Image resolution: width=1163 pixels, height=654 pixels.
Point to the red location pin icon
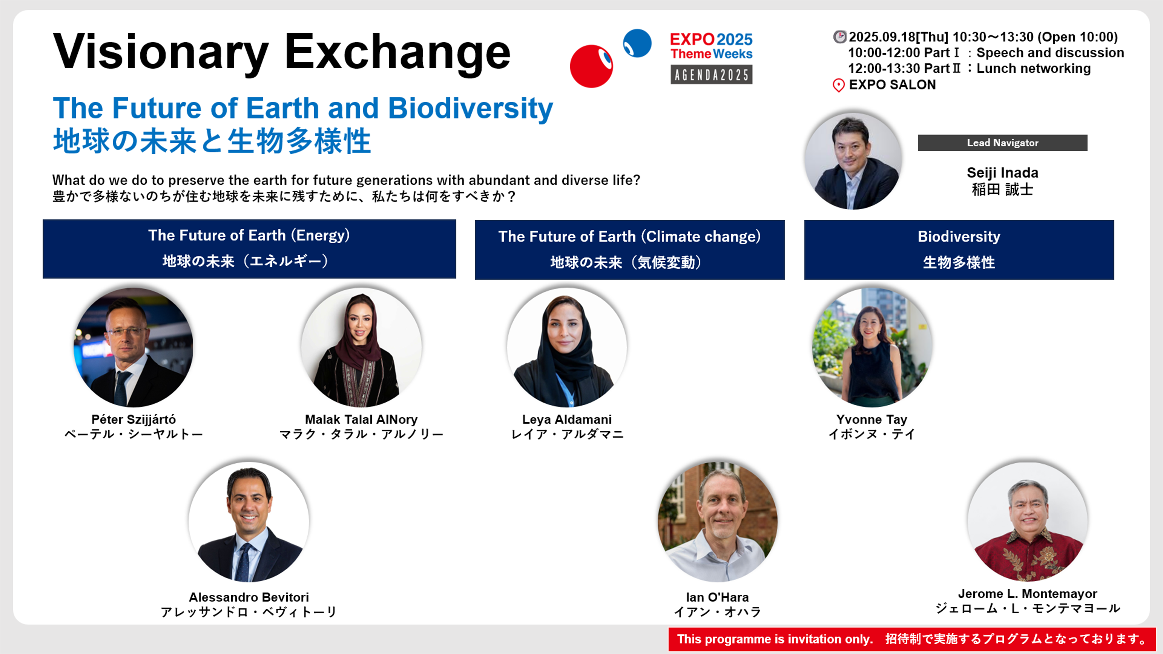[838, 85]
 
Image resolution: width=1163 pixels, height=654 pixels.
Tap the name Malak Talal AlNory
[361, 419]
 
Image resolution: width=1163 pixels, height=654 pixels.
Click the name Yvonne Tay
[871, 419]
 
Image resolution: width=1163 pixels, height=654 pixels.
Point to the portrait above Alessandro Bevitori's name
[249, 522]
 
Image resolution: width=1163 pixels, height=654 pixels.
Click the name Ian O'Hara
[717, 597]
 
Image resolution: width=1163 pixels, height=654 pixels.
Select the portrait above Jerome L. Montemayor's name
[1028, 522]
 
